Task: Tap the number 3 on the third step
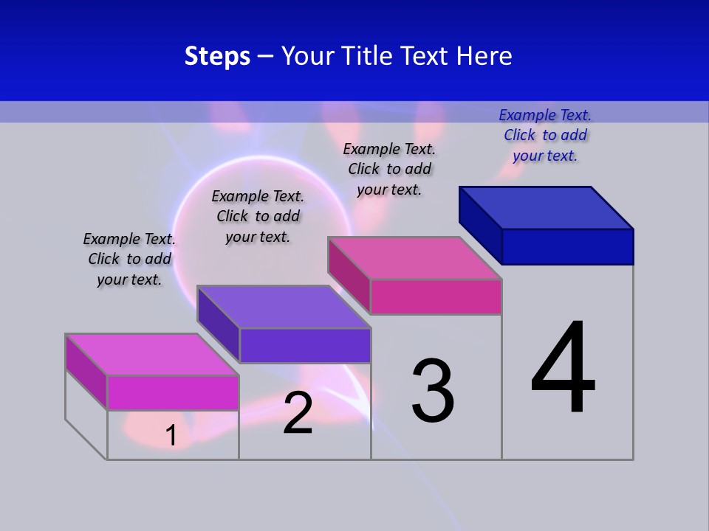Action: click(433, 390)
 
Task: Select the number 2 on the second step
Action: click(298, 413)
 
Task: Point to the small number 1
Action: click(171, 435)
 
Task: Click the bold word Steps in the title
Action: click(217, 56)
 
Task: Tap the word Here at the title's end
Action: click(484, 56)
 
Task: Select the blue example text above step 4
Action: click(545, 135)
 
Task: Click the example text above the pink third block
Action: click(389, 169)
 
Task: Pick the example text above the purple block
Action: click(258, 216)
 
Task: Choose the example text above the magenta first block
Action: click(129, 259)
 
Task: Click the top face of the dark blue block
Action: click(547, 207)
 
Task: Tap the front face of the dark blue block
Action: click(567, 246)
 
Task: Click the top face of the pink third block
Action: click(415, 258)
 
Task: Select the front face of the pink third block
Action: click(436, 296)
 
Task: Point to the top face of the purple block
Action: click(284, 307)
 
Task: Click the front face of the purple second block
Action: click(305, 345)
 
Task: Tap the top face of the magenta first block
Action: click(152, 355)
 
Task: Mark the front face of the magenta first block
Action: click(173, 392)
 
